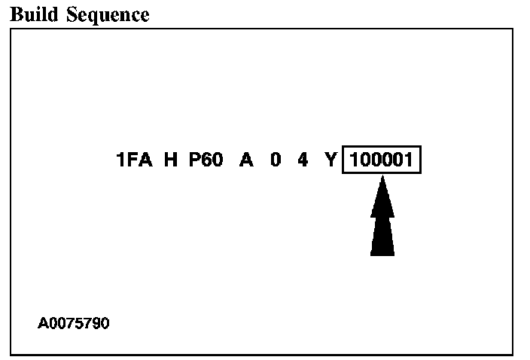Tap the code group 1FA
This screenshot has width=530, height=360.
coord(135,160)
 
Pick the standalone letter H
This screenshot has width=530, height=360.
coord(170,160)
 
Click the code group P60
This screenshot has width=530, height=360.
coord(206,160)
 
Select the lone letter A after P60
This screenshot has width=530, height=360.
coord(246,160)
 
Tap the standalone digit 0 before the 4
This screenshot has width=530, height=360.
coord(276,160)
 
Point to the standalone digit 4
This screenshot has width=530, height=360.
coord(303,160)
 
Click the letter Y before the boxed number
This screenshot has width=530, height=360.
coord(330,160)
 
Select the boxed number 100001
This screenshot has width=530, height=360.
coord(382,160)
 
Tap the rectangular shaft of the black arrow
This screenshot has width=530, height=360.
coord(382,237)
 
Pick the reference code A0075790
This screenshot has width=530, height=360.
coord(74,324)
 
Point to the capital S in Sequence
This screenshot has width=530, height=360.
coord(72,15)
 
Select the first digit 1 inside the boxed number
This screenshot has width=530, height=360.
coord(354,160)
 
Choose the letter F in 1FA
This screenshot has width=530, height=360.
coord(135,160)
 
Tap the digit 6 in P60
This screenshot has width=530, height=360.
coord(206,160)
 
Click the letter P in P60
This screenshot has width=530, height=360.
coord(194,160)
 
